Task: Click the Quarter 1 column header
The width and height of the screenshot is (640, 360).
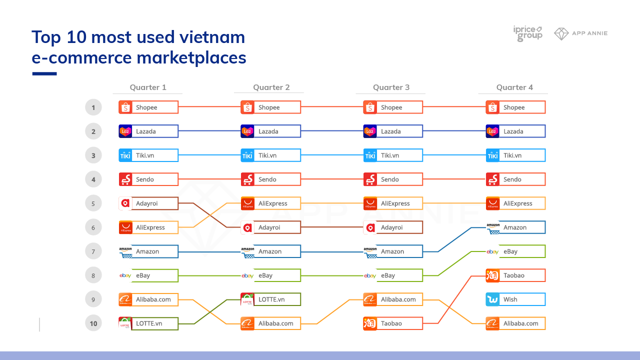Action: tap(148, 87)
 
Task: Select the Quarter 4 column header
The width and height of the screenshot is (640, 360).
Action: tap(514, 87)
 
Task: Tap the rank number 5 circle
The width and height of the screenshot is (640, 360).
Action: tap(93, 203)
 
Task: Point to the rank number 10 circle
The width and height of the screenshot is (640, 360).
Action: tap(93, 323)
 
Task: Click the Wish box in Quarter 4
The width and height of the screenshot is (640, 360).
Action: tap(515, 299)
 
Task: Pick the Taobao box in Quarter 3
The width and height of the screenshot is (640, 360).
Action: tap(393, 323)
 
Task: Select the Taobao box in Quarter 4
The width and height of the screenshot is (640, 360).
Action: tap(515, 275)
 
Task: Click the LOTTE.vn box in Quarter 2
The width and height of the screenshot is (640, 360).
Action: tap(270, 299)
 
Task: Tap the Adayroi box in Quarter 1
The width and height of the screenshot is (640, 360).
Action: tap(148, 203)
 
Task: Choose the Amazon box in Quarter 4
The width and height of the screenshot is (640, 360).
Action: tap(515, 227)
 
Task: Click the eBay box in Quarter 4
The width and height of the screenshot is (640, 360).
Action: tap(515, 251)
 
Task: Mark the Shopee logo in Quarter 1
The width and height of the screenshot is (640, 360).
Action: tap(125, 107)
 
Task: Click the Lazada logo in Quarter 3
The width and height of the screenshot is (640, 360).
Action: tap(370, 131)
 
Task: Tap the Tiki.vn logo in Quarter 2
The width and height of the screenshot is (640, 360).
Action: tap(247, 155)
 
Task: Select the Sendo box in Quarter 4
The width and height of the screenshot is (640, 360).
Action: tap(515, 179)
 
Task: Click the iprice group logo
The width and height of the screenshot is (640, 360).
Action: tap(527, 33)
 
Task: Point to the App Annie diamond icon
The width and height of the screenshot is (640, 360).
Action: tap(561, 33)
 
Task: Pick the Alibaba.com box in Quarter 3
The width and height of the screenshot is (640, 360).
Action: tap(393, 299)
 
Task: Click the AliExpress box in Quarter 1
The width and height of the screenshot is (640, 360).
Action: tap(148, 227)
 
